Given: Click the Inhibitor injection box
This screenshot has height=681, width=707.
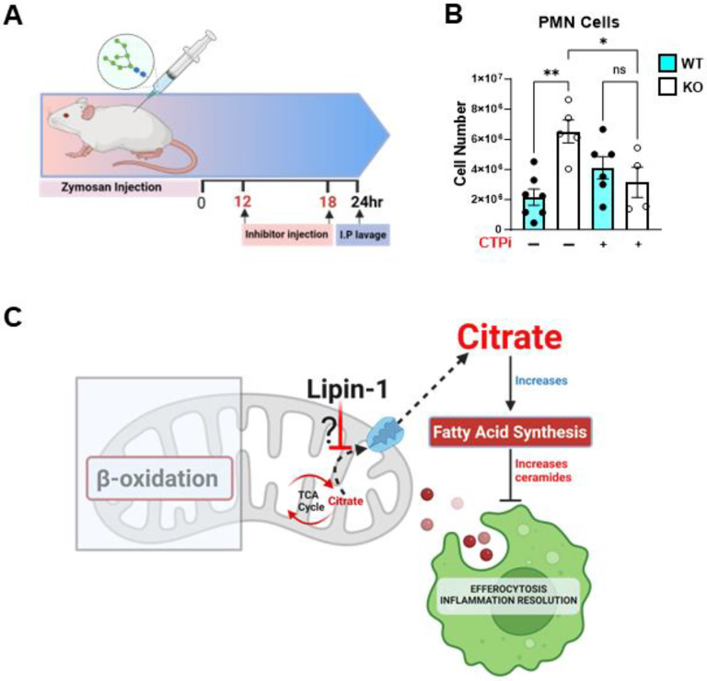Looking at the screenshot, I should [x=286, y=235].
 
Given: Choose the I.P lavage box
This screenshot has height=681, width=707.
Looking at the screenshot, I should [x=365, y=235].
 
